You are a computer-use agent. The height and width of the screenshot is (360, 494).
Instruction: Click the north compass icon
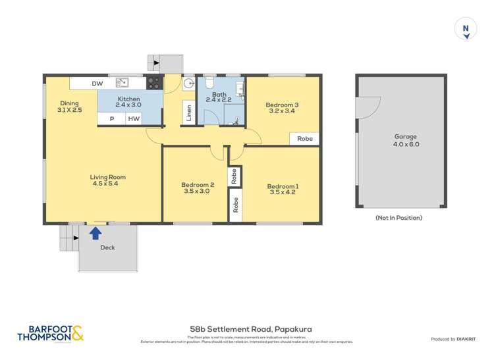(466, 29)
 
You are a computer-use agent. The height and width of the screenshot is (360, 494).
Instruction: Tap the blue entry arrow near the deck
(95, 232)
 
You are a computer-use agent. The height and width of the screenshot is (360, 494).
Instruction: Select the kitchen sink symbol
(123, 83)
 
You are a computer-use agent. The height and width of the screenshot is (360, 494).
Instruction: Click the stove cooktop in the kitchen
(153, 83)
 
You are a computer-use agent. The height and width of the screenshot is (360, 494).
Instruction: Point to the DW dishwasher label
(97, 84)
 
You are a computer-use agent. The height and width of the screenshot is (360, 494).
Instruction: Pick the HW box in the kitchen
(134, 119)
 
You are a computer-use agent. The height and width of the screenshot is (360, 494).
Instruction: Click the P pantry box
(112, 119)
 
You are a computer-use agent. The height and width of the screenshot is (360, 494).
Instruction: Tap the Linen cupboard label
(189, 113)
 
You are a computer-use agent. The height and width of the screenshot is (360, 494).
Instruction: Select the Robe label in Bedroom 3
(304, 139)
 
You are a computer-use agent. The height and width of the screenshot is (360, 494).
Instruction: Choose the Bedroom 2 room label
(196, 185)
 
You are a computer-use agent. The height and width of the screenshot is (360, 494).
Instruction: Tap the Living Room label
(109, 177)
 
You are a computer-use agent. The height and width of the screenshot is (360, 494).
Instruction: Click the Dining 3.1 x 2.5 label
(70, 107)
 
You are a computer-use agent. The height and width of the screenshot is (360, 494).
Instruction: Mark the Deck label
(107, 248)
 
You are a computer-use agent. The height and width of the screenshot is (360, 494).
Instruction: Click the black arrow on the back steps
(156, 63)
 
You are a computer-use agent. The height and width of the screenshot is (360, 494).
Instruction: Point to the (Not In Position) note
(398, 218)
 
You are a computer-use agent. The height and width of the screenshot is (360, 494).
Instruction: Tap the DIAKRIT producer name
(468, 339)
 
